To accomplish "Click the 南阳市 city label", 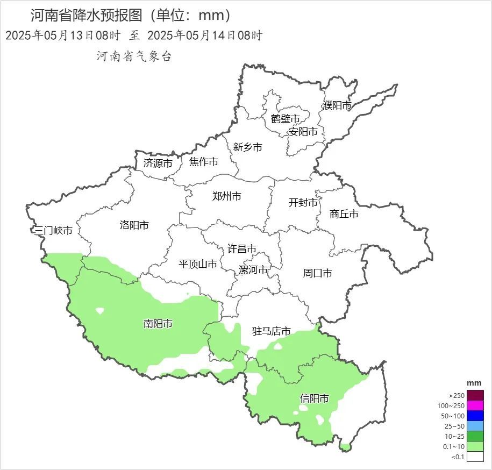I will [158, 324].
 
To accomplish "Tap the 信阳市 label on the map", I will [315, 398].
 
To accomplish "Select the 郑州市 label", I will [226, 196].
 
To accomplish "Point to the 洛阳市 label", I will [134, 225].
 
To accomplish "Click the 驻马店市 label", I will [272, 331].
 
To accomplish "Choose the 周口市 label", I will [317, 273].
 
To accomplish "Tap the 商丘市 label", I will [344, 214].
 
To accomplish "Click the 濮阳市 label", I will [337, 105].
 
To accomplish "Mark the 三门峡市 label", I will [53, 231].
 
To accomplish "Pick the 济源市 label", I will [158, 163].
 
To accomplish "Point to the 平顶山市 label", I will [198, 264].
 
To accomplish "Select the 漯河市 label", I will [253, 270].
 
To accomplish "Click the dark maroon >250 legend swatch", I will [475, 395].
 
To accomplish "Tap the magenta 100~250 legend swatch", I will [475, 405].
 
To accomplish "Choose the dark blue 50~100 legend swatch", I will [475, 416].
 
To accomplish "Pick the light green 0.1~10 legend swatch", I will [475, 446].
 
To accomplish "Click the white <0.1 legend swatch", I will [475, 457].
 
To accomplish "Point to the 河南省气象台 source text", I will [134, 56].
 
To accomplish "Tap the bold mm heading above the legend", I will [474, 382].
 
